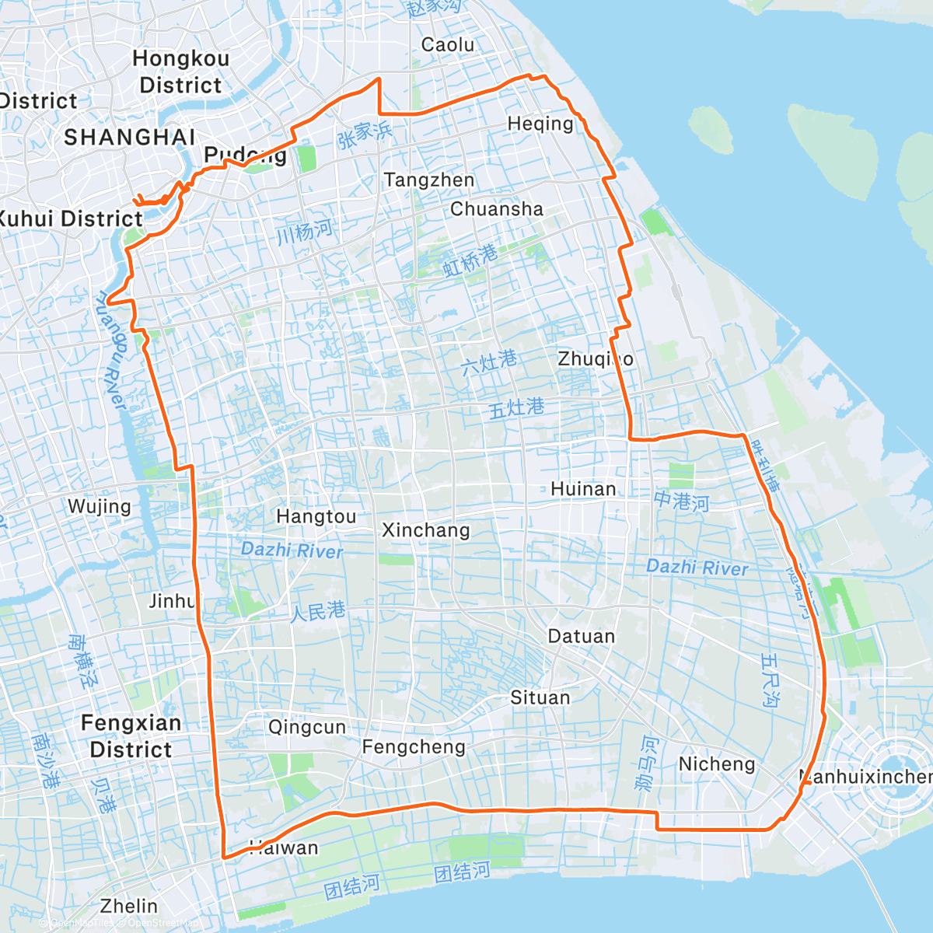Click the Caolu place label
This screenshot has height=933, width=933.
448,45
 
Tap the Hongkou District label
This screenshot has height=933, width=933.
181,72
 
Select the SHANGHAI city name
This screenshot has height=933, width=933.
129,138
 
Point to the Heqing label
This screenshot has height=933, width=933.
540,124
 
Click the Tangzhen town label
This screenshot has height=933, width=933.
429,180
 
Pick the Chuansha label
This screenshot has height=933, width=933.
497,209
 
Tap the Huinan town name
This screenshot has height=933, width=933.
583,489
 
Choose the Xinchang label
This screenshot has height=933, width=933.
426,530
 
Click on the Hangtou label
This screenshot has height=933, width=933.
316,517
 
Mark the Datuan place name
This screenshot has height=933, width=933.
582,637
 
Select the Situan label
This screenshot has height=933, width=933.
540,698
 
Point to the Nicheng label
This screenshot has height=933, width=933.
717,764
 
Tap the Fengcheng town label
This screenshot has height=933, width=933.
414,748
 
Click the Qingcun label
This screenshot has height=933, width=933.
307,728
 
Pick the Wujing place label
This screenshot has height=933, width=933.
100,507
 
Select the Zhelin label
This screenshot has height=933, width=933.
129,907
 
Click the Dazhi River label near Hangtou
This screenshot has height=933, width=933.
292,550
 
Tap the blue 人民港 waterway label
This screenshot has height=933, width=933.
317,612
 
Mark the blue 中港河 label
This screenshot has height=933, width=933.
681,501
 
